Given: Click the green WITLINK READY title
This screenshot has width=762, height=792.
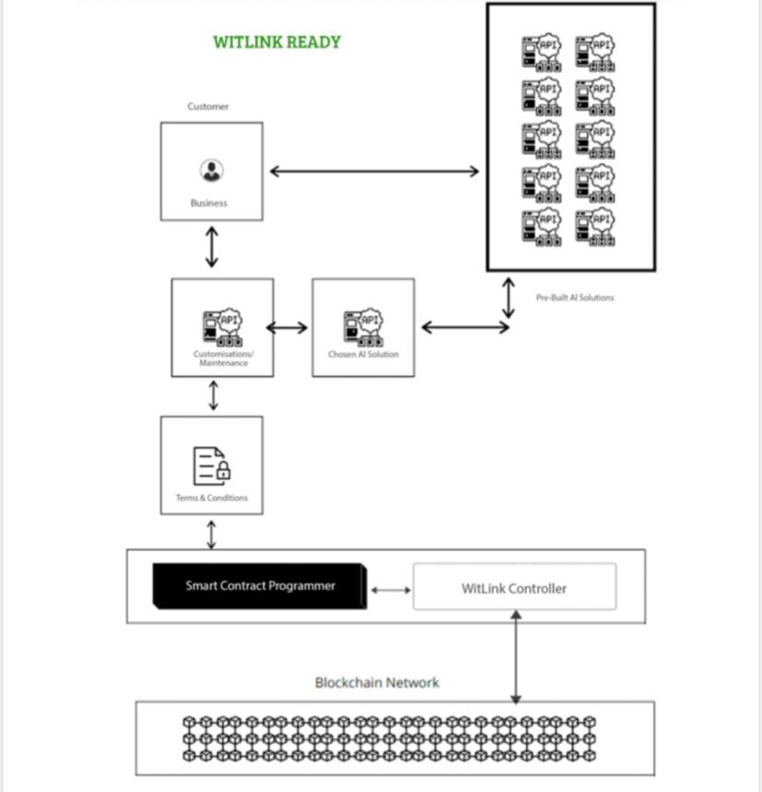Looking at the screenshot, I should [x=276, y=42].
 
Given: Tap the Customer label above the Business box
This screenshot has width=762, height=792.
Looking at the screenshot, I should [x=208, y=106].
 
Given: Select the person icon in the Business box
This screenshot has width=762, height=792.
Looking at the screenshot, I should [x=212, y=171].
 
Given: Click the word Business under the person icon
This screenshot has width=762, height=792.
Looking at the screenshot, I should [x=209, y=203].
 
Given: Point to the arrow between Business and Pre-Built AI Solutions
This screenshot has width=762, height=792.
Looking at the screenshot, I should [x=374, y=171].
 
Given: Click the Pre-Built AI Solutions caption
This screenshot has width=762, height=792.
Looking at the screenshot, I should [x=575, y=298].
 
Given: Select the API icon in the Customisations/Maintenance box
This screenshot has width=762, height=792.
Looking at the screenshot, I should [x=222, y=328].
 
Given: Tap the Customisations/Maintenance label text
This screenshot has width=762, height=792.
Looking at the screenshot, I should [x=223, y=358].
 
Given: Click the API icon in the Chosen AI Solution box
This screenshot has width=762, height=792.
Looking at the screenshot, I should [x=363, y=328].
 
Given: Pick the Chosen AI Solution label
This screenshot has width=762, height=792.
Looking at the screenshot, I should [x=363, y=354].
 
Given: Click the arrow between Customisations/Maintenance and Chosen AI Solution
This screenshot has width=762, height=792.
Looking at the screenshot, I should [x=287, y=327].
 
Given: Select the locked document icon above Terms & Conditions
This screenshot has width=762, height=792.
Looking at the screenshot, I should [x=211, y=466].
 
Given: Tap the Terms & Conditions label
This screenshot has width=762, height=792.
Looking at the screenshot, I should [x=212, y=498].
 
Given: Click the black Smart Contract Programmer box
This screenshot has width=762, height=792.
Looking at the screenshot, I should [x=260, y=585].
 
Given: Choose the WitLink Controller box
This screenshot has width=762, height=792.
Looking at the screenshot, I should [x=514, y=588].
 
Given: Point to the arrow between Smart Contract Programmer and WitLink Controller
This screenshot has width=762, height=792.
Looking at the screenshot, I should [x=390, y=589].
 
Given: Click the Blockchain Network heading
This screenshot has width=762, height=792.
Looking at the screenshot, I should [x=377, y=682].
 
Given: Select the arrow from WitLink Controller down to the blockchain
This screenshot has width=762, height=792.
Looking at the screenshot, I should [x=516, y=656].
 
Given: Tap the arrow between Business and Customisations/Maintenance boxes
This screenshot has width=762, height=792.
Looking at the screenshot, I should [x=212, y=247].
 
